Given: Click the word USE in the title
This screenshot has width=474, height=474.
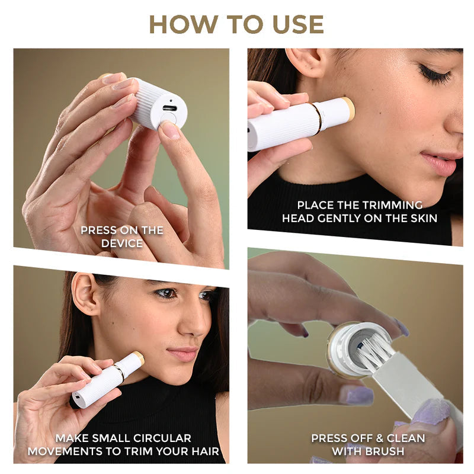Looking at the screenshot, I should (x=296, y=24).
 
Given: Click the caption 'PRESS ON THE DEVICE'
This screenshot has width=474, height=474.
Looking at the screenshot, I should (x=121, y=236).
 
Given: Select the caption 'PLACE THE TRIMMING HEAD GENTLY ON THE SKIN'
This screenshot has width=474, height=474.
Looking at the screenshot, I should (x=359, y=212).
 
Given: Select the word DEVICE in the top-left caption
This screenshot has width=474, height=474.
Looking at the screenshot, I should (x=121, y=243).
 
